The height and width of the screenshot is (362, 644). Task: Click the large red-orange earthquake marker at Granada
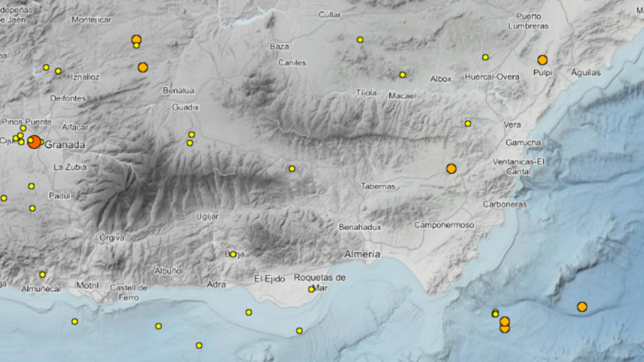click(34, 142)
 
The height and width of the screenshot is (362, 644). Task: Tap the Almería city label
click(363, 254)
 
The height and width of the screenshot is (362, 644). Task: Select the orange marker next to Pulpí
click(543, 60)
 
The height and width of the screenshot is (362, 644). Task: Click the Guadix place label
click(186, 107)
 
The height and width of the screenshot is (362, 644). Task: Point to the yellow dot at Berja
click(233, 254)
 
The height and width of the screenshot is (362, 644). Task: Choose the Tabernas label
click(378, 186)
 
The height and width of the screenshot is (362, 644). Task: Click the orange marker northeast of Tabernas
click(451, 168)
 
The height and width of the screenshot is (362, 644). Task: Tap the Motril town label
click(87, 285)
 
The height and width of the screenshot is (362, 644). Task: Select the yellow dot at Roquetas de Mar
click(311, 290)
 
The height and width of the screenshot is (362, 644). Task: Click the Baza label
click(279, 47)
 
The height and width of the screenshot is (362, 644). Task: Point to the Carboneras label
click(504, 204)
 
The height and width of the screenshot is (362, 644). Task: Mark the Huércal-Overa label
click(493, 77)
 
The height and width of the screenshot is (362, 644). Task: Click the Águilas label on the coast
click(586, 72)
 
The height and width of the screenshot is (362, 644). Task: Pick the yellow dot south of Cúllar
click(360, 40)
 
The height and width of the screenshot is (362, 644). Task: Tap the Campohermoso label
click(444, 225)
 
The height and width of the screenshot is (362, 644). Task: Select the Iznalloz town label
click(85, 77)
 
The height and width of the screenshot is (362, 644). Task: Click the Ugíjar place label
click(207, 216)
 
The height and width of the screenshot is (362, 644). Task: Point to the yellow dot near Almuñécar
click(42, 275)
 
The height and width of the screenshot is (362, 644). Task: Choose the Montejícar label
click(91, 20)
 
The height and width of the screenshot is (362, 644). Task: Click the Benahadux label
click(360, 227)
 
